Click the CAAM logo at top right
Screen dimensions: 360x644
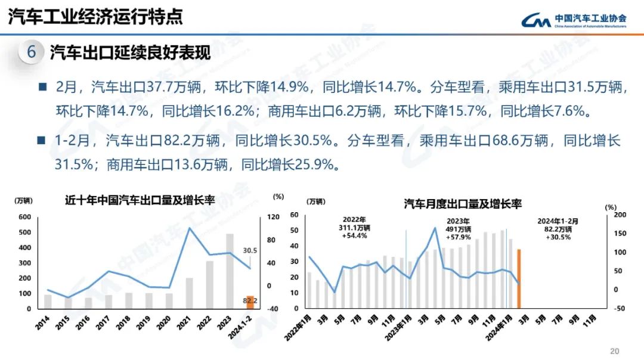pos(573,21)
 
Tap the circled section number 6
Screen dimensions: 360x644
pos(31,52)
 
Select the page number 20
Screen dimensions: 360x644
pos(615,350)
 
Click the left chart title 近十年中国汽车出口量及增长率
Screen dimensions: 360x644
pos(140,200)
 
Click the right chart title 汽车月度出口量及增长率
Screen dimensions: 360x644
pos(462,204)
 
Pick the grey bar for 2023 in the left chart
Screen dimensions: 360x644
pos(230,271)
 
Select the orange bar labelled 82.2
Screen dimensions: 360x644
pos(250,302)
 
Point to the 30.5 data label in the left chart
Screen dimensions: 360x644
pos(250,251)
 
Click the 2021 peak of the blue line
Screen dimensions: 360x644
pos(190,228)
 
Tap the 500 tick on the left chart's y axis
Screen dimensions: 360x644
pos(25,232)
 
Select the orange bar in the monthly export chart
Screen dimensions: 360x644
pos(519,279)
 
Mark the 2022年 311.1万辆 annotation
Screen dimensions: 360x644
pos(355,228)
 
